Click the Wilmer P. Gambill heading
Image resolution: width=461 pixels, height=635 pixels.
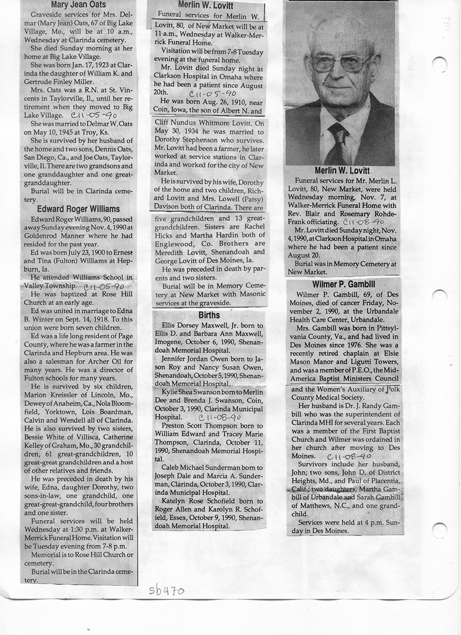pos(343,285)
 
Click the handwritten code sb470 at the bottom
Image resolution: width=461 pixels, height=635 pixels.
pos(166,591)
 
